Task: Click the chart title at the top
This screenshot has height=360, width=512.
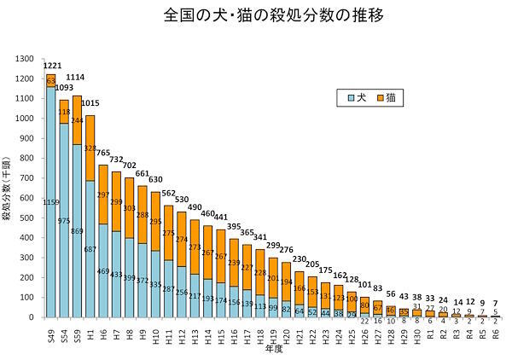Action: click(256, 16)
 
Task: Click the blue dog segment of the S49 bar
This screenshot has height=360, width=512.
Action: click(50, 213)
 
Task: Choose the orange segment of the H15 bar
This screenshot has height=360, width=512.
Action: click(220, 256)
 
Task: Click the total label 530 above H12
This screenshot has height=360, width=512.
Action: click(181, 200)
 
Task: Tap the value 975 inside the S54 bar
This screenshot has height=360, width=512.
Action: click(64, 220)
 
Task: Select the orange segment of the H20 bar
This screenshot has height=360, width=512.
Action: click(286, 282)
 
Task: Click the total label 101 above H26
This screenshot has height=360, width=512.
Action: click(364, 286)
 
